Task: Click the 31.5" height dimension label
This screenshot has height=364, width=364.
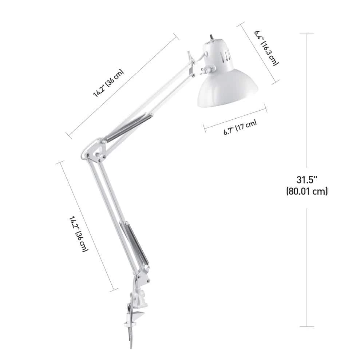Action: tap(307, 179)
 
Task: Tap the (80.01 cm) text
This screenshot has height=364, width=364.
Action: tap(307, 191)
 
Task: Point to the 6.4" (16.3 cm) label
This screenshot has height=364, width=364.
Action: tap(266, 48)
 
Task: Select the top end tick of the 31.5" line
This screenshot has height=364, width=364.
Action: tap(307, 34)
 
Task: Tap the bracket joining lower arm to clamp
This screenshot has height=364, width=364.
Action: tap(143, 278)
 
